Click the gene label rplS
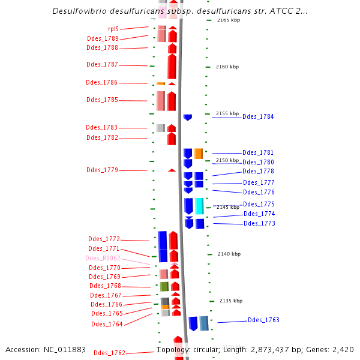click(113, 29)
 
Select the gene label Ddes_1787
click(102, 64)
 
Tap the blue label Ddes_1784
click(258, 116)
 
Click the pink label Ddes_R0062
click(103, 258)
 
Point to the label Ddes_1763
click(263, 320)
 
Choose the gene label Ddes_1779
click(102, 170)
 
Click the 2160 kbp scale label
click(227, 67)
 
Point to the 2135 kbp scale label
click(231, 301)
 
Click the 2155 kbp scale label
click(227, 113)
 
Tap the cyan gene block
click(199, 206)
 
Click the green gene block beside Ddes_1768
click(164, 286)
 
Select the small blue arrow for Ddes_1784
click(188, 117)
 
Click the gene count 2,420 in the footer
click(343, 349)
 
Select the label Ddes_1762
click(109, 353)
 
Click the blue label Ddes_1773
click(259, 223)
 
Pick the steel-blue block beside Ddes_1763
click(204, 323)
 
